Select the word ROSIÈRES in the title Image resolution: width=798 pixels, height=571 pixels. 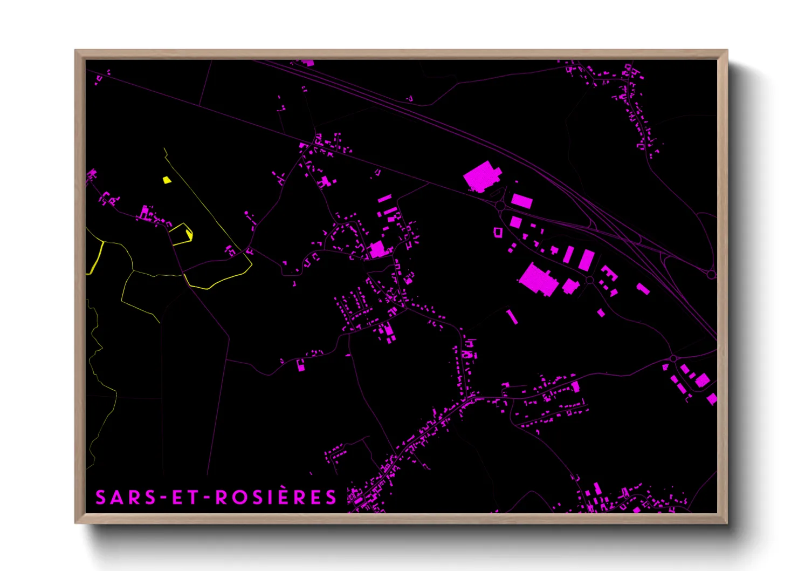276,498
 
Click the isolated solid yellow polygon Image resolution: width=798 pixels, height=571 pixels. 167,180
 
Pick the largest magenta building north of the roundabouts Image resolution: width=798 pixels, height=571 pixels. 481,176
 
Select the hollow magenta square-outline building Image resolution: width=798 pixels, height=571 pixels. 498,232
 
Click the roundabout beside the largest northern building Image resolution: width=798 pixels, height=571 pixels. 500,206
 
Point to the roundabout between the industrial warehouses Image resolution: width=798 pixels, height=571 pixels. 589,280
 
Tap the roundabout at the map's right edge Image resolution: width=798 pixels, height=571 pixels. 711,275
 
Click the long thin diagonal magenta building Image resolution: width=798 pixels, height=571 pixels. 512,317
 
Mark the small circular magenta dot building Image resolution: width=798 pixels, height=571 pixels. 247,214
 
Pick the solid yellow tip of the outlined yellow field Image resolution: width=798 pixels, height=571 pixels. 189,234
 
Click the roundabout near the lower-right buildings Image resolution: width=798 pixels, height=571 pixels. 673,358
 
